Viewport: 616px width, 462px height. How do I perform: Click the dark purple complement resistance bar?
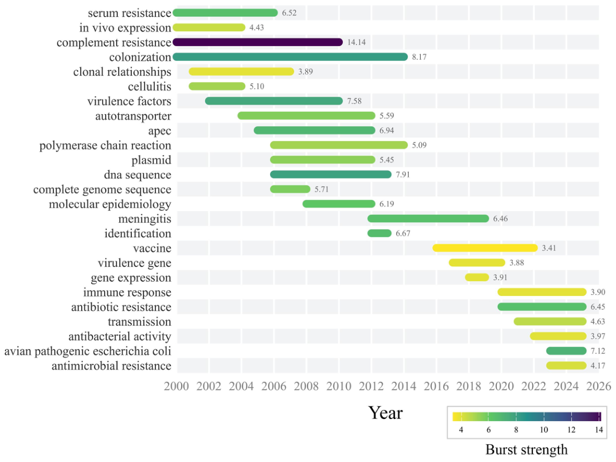[257, 42]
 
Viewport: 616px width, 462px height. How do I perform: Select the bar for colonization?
[290, 57]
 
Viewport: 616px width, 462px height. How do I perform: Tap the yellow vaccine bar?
[485, 248]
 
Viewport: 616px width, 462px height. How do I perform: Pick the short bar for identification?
[379, 233]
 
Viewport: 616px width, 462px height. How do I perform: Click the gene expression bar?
[477, 277]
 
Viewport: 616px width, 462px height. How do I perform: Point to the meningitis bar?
[428, 218]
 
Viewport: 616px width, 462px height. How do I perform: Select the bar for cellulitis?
[217, 86]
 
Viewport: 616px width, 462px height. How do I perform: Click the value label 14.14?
[356, 42]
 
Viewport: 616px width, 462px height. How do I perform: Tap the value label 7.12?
[598, 351]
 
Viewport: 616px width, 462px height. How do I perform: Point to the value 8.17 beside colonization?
[419, 57]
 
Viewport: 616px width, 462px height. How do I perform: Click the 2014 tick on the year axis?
[404, 386]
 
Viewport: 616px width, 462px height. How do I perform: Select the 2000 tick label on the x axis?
[176, 386]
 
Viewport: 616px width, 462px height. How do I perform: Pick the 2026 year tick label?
[599, 386]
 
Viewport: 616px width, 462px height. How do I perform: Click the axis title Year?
[385, 413]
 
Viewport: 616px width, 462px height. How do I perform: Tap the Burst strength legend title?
[527, 449]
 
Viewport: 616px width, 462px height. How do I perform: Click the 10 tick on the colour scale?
[544, 430]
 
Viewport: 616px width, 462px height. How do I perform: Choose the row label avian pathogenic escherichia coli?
[87, 351]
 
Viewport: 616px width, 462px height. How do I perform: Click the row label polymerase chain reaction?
[105, 146]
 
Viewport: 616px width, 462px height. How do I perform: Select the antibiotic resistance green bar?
[542, 306]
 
